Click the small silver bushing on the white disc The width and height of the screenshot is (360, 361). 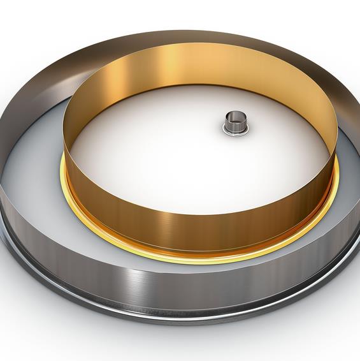234,124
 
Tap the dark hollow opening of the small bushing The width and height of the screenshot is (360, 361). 234,117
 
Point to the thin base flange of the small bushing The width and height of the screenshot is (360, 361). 234,133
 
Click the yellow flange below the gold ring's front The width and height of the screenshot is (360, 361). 191,256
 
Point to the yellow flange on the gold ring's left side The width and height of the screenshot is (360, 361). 66,185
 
